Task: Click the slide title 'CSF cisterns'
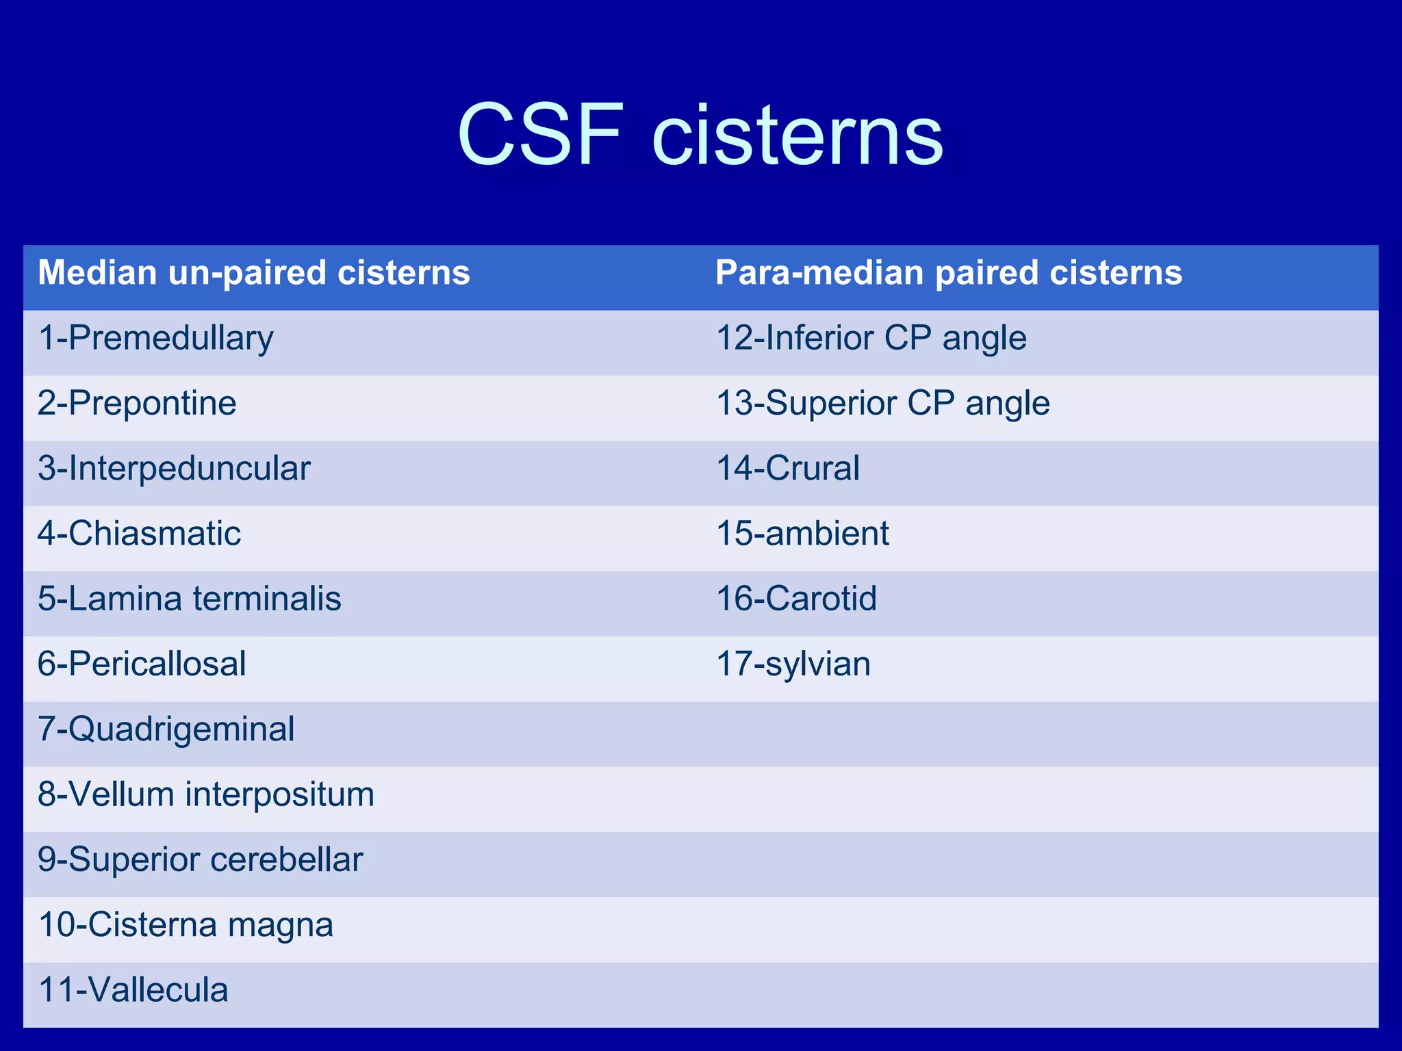(x=700, y=134)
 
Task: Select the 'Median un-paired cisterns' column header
(x=254, y=273)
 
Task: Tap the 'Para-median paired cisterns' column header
(x=948, y=273)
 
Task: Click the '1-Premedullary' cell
(x=155, y=339)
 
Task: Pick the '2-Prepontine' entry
(x=137, y=404)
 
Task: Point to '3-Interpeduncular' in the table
(x=174, y=469)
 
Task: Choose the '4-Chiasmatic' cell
(x=139, y=534)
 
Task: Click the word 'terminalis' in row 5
(x=267, y=599)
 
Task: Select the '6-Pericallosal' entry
(x=142, y=664)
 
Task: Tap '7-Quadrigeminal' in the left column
(x=166, y=729)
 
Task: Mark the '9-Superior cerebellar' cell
(x=200, y=860)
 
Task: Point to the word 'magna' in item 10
(x=280, y=926)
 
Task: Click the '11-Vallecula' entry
(x=133, y=991)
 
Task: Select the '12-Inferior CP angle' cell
(x=871, y=339)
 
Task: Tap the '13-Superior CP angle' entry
(x=882, y=404)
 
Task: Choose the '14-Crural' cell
(x=787, y=469)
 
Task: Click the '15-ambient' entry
(x=802, y=534)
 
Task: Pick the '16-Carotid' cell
(x=795, y=599)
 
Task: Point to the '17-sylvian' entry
(x=793, y=664)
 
